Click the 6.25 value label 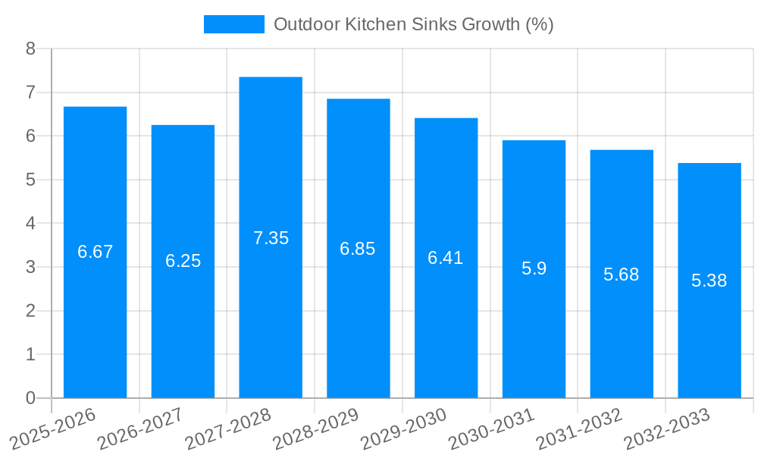183,261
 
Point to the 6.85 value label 358,249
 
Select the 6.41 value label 446,258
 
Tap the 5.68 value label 622,275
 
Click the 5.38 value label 709,281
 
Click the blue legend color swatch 233,24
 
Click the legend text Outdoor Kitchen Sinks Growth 413,24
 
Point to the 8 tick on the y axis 30,49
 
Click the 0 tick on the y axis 30,398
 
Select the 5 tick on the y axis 30,180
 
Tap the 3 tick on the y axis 30,267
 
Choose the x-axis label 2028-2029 317,428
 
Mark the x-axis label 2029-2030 405,428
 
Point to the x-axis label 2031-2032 580,428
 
